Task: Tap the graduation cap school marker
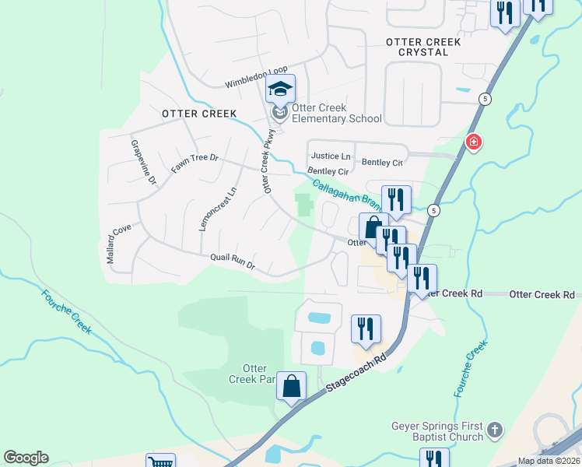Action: (x=281, y=90)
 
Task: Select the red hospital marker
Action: (x=472, y=142)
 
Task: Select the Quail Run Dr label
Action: (x=233, y=261)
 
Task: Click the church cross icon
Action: (x=494, y=429)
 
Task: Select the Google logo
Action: (x=26, y=458)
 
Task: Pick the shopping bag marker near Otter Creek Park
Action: (x=291, y=386)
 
